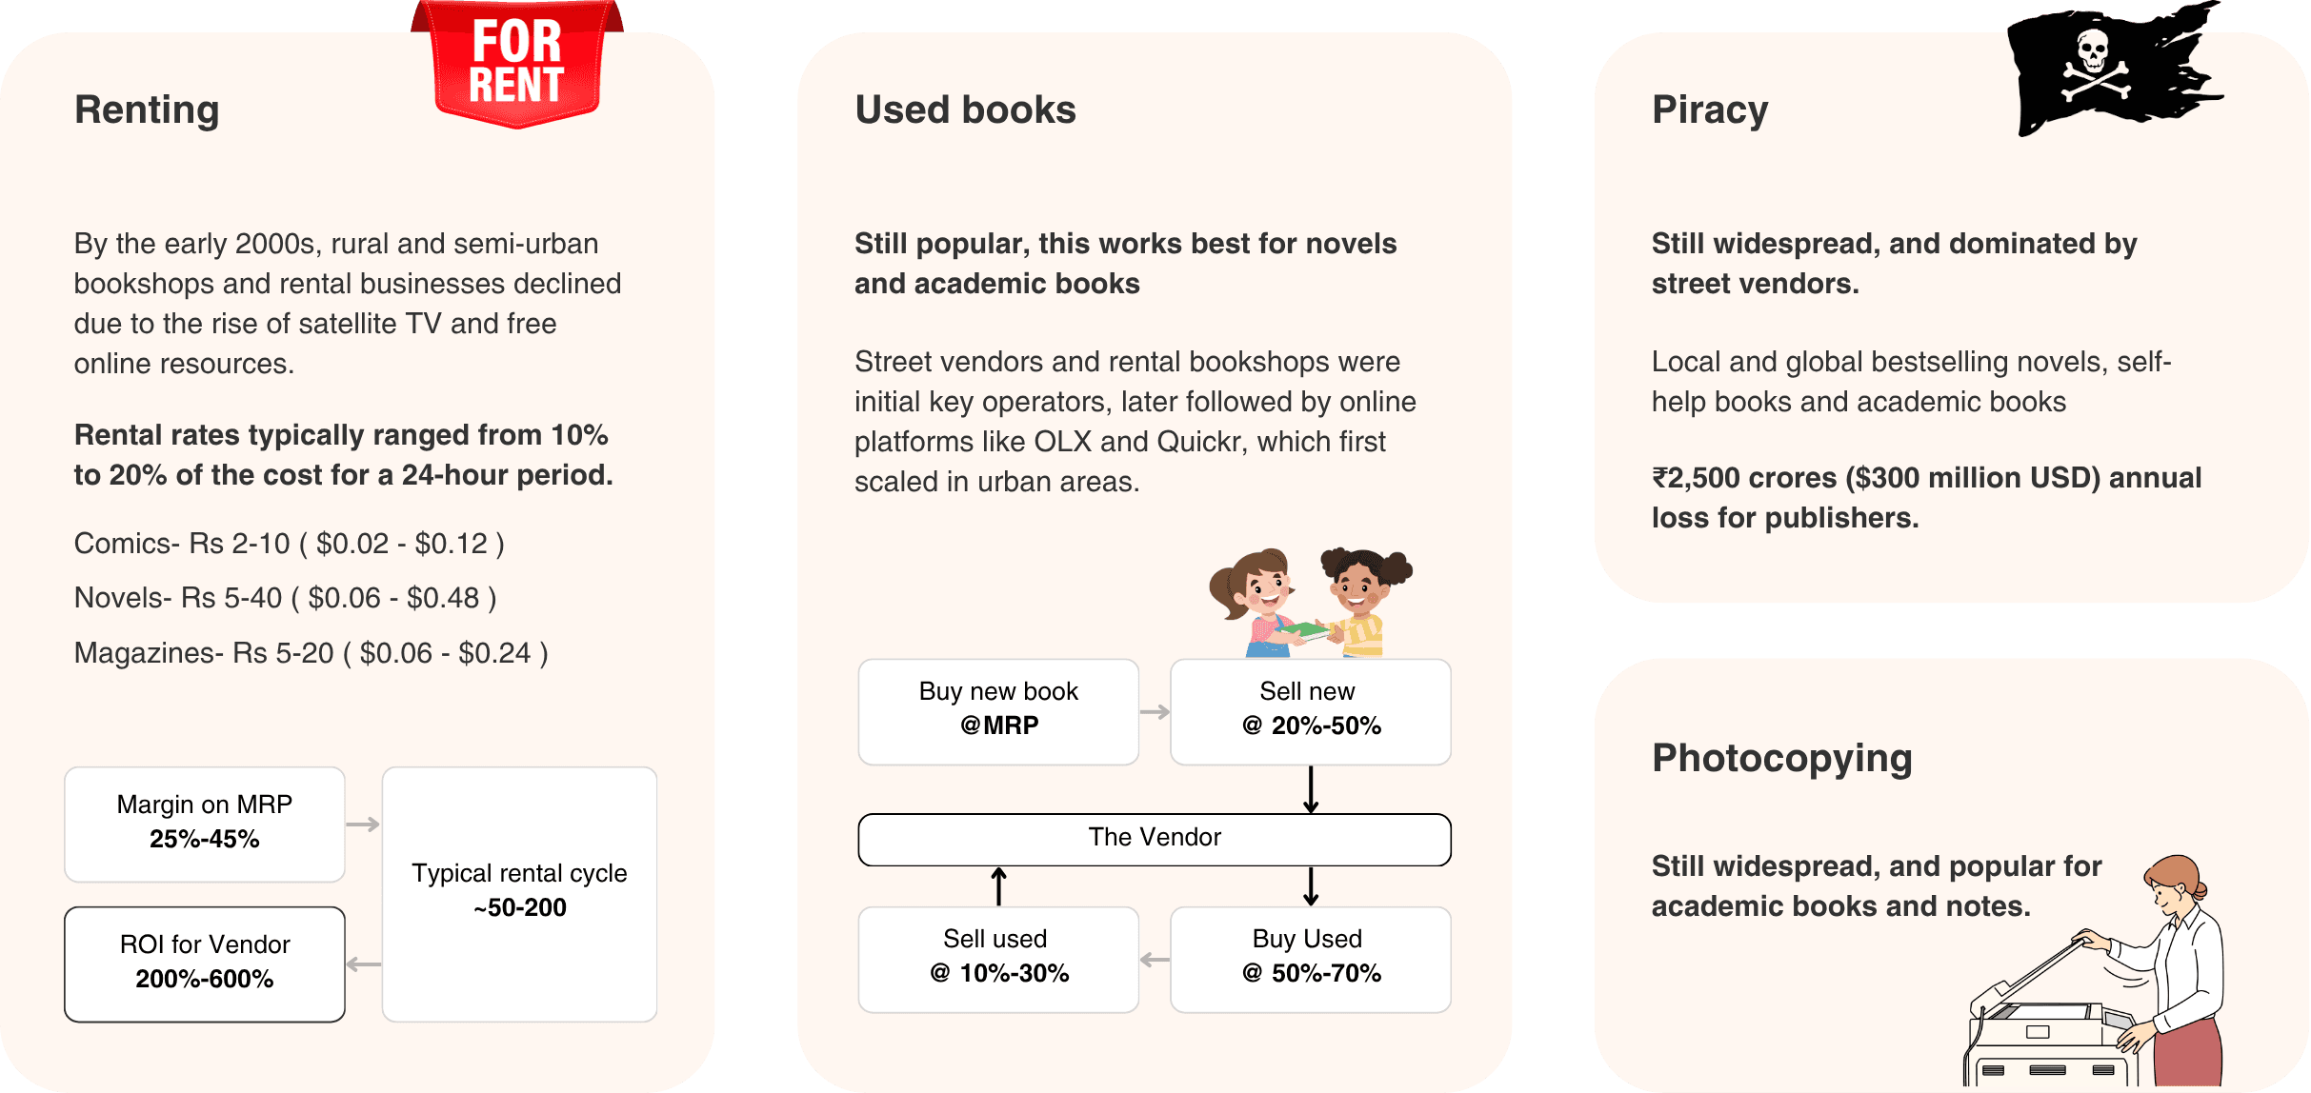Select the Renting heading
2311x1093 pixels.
point(147,109)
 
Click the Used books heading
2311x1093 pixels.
point(965,109)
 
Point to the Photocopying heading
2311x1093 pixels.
point(1781,758)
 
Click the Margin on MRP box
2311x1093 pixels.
point(205,824)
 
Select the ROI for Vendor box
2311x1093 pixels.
point(205,964)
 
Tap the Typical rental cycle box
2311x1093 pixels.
point(519,893)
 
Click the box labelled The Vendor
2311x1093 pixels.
point(1154,839)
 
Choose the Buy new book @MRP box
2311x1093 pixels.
point(998,710)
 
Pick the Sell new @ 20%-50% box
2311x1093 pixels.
point(1310,710)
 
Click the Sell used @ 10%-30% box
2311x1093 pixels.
point(998,958)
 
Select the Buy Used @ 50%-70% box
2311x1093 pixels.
point(1310,958)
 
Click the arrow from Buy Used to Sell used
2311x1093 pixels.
point(1155,960)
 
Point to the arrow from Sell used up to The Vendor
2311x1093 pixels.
point(998,885)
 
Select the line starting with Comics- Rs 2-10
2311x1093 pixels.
point(289,544)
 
